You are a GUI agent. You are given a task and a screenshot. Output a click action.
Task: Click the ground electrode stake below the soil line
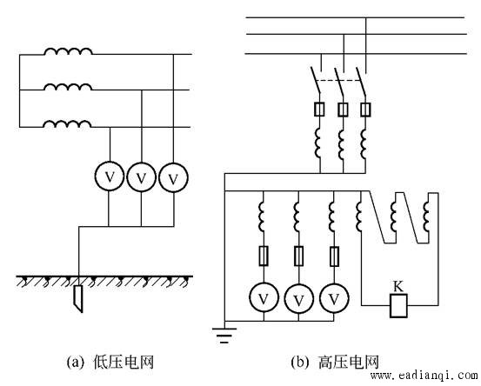point(78,298)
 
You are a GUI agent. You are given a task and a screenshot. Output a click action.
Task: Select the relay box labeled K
point(398,306)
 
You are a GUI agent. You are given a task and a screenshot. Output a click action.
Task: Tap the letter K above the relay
point(397,287)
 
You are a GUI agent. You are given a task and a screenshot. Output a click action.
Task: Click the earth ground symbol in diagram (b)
point(224,335)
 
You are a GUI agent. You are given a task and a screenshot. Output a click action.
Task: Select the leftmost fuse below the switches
point(319,110)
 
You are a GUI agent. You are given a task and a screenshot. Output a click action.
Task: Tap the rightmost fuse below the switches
point(365,110)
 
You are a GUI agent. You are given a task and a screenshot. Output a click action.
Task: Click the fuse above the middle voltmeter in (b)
point(299,256)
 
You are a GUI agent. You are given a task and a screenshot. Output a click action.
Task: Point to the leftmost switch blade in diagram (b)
point(316,79)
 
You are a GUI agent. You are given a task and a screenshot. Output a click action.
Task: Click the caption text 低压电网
point(124,362)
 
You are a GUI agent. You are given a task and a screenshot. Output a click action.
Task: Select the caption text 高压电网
point(349,362)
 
